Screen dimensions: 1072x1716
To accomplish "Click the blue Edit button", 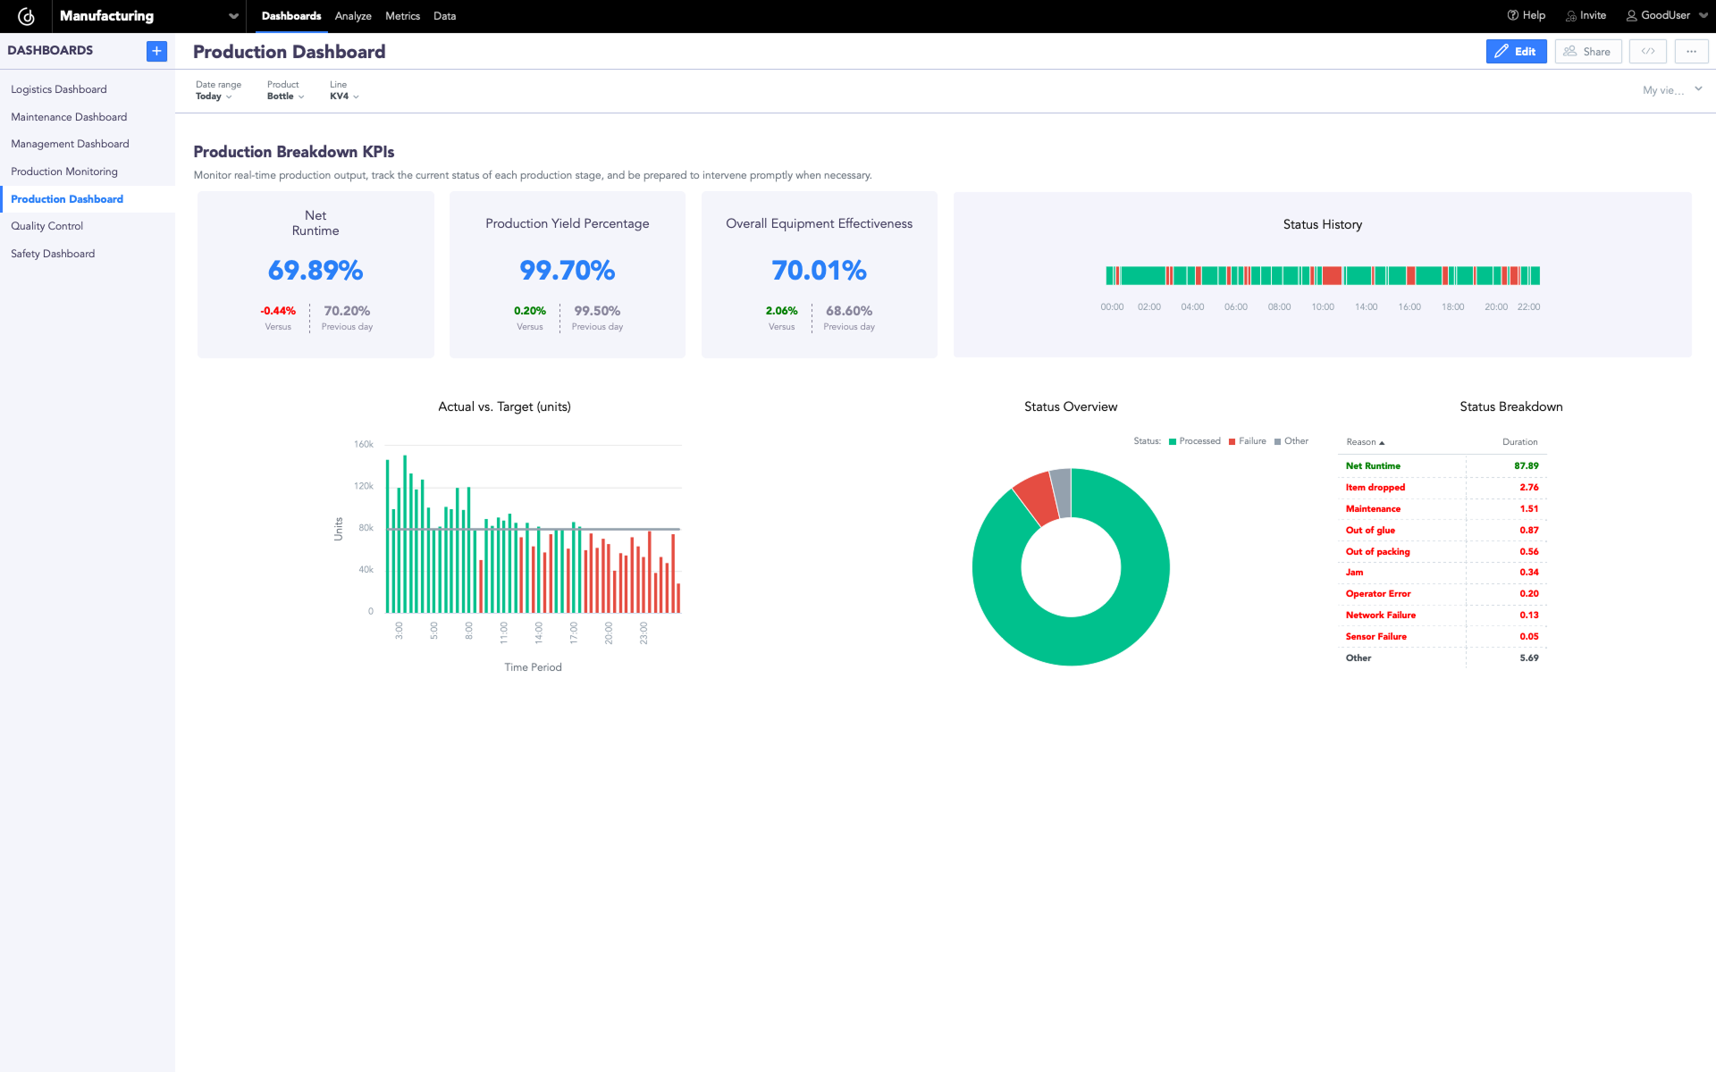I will (1516, 52).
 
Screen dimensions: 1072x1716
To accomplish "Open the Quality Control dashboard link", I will (46, 226).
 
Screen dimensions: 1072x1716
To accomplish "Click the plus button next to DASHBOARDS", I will (156, 51).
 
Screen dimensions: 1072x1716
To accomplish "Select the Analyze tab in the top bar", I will (353, 16).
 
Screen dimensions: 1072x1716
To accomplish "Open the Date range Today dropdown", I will (214, 96).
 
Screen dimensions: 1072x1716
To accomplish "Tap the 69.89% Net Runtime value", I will (315, 270).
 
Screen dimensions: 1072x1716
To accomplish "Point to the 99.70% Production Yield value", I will (567, 270).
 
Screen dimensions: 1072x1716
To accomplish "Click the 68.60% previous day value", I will (848, 311).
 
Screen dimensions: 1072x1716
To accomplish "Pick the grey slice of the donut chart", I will (1061, 491).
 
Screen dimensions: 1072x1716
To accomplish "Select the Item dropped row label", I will (1375, 488).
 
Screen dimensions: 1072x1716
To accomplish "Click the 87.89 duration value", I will (1526, 466).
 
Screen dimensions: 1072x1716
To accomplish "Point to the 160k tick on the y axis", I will (363, 445).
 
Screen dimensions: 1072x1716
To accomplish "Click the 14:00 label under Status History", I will (1366, 307).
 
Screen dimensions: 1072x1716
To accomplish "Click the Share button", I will (1587, 52).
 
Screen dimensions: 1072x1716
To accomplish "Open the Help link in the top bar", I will (1526, 15).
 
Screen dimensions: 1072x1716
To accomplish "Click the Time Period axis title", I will (533, 667).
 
